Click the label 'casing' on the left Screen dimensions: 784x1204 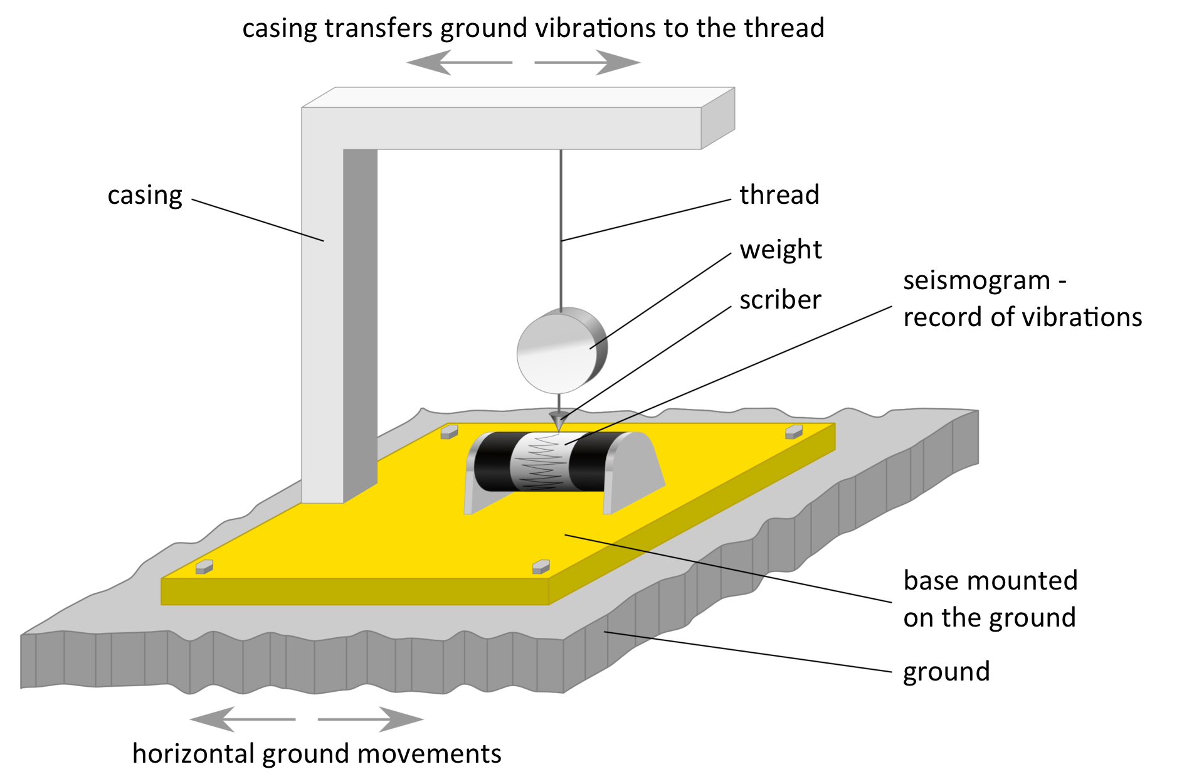[x=145, y=196]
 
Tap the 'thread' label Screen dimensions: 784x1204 [x=779, y=195]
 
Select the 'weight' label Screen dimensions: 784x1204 [x=780, y=250]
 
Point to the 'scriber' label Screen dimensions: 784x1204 [x=780, y=300]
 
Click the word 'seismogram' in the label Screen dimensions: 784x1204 [x=976, y=280]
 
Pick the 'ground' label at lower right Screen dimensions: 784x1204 [x=946, y=672]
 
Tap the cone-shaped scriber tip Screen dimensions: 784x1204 [x=557, y=420]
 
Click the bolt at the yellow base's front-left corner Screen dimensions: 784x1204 [x=204, y=567]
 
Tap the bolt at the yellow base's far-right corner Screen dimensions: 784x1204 [x=794, y=432]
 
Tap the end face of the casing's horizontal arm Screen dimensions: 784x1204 [x=718, y=119]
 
